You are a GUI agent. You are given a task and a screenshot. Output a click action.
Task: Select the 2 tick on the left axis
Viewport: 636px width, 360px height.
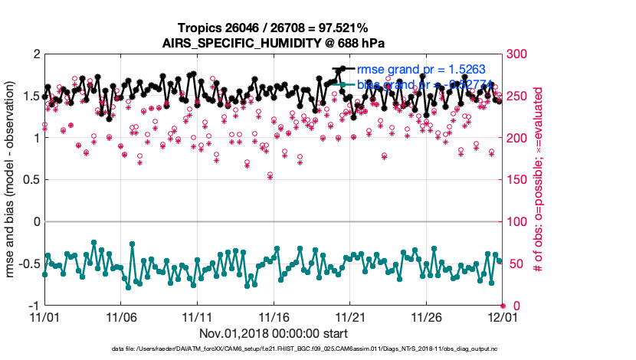[x=35, y=54]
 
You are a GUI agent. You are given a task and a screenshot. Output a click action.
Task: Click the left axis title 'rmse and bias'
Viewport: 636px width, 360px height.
[x=11, y=180]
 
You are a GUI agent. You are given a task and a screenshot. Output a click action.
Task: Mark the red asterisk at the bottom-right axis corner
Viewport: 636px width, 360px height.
[x=502, y=306]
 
